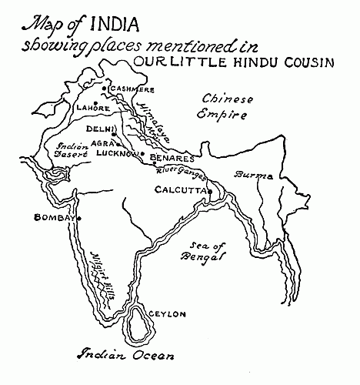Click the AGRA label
point(102,142)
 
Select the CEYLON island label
point(167,314)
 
